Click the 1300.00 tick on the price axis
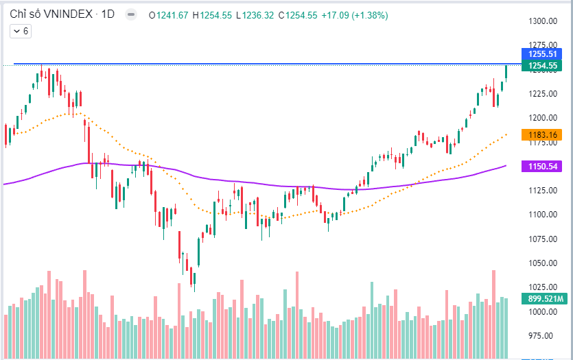(541, 21)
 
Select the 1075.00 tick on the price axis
(541, 239)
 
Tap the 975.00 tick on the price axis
(541, 335)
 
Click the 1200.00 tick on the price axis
(541, 117)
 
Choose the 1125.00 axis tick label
(541, 190)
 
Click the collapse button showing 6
(20, 31)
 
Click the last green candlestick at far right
(506, 71)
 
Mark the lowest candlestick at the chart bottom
(194, 280)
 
